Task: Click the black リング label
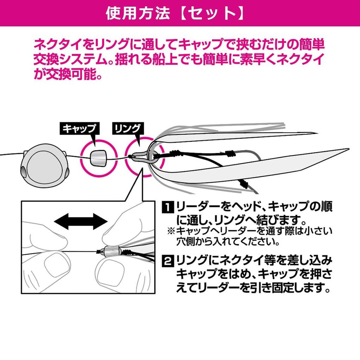[127, 128]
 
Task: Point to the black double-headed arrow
[81, 221]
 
